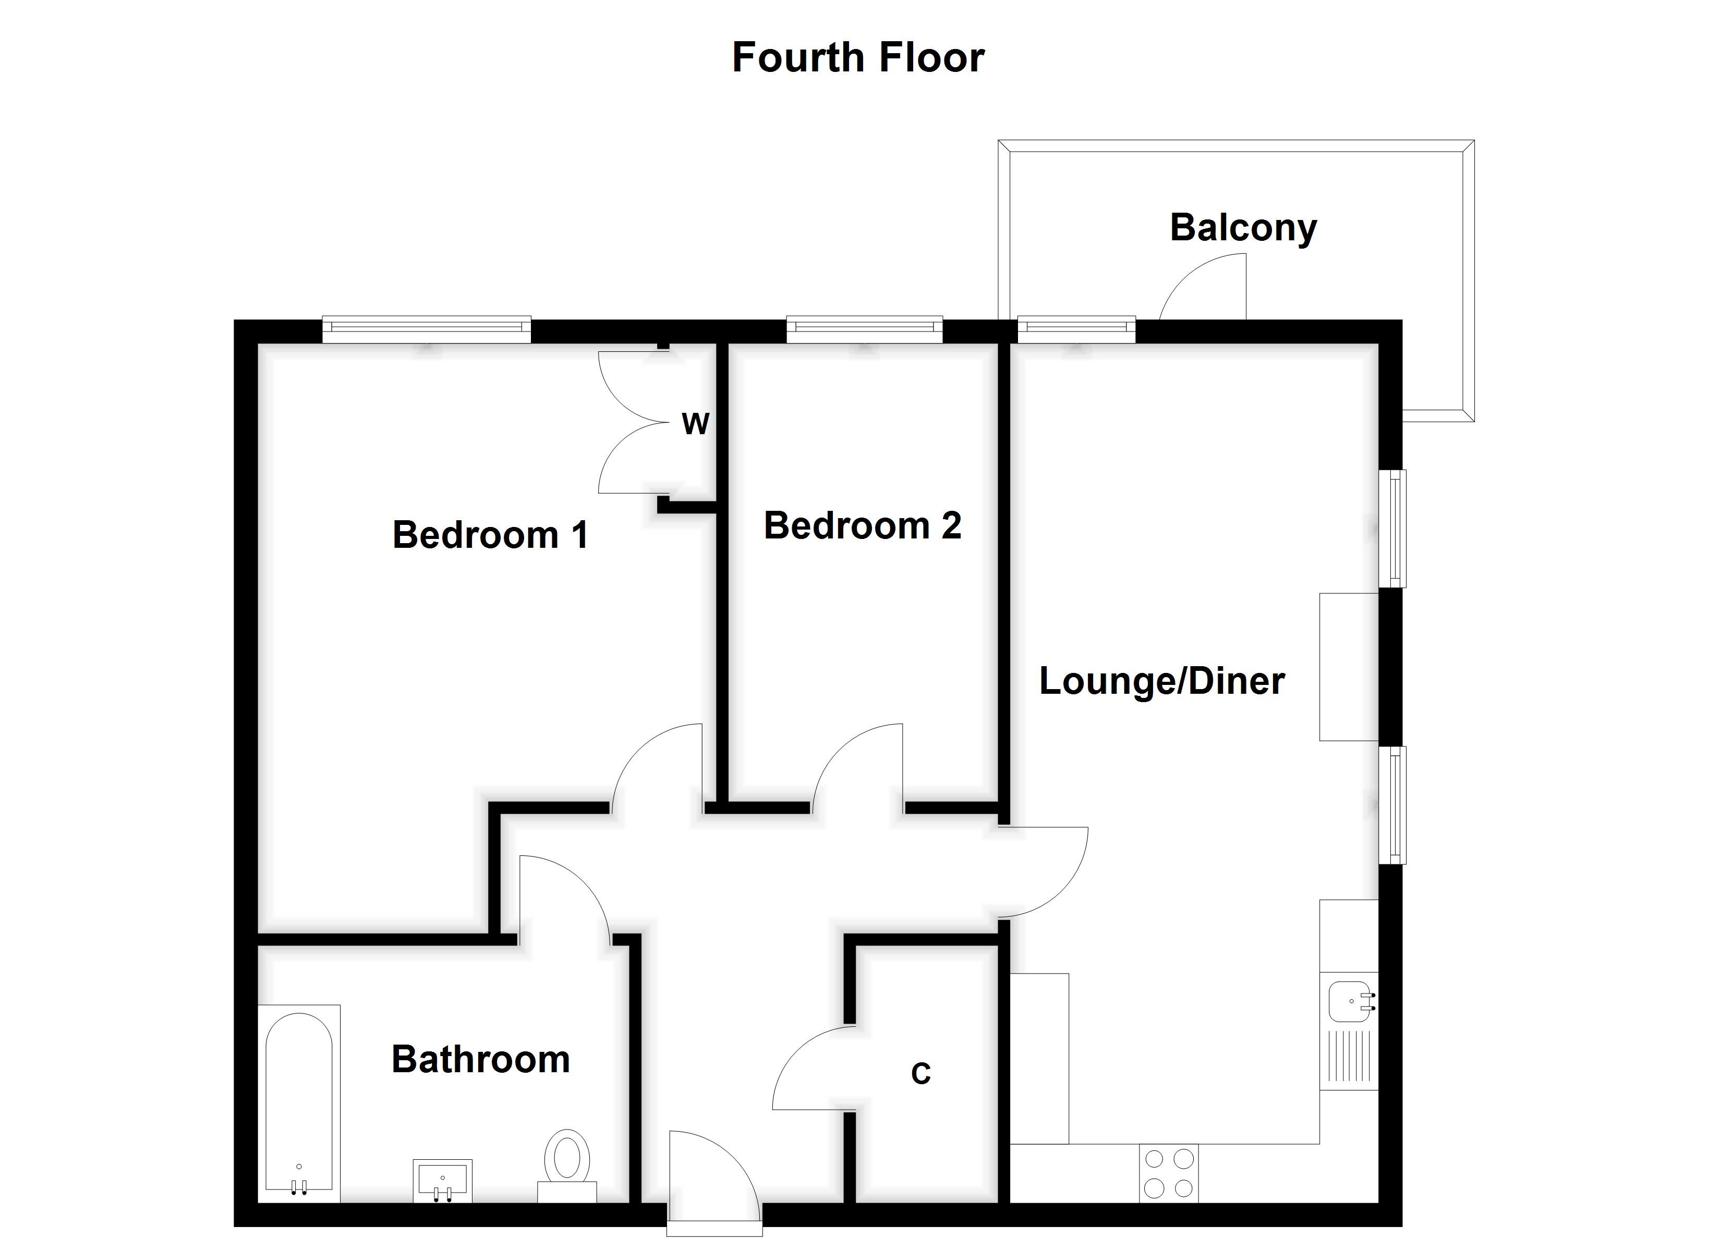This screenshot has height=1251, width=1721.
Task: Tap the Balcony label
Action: (x=1243, y=228)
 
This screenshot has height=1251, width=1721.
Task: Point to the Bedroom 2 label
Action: (x=862, y=526)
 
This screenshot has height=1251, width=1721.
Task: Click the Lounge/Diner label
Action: (x=1161, y=681)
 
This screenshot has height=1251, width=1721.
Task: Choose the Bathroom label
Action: (x=480, y=1059)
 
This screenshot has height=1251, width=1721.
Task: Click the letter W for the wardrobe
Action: (x=695, y=423)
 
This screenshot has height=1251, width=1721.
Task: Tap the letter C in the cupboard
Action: (x=920, y=1073)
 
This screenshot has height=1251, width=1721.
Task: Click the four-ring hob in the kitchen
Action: (x=1169, y=1173)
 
